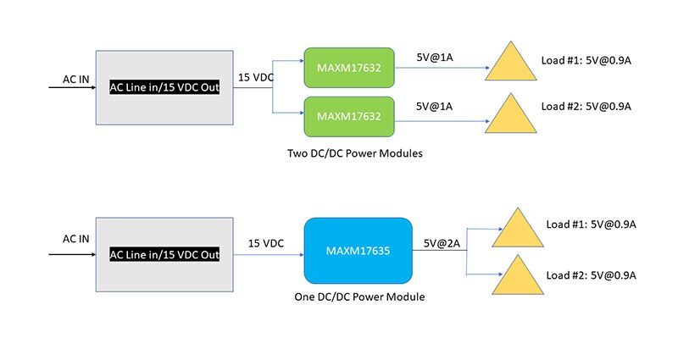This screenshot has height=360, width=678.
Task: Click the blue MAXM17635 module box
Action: click(358, 251)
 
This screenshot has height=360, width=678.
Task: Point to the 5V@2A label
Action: click(442, 244)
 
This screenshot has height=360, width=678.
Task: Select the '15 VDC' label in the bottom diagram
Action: click(266, 244)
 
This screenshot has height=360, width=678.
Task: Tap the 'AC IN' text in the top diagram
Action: click(75, 79)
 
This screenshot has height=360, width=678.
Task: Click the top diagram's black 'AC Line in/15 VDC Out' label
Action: click(164, 88)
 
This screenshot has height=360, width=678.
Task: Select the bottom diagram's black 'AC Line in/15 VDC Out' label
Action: click(164, 255)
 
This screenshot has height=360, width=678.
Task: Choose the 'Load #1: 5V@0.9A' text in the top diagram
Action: click(586, 60)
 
